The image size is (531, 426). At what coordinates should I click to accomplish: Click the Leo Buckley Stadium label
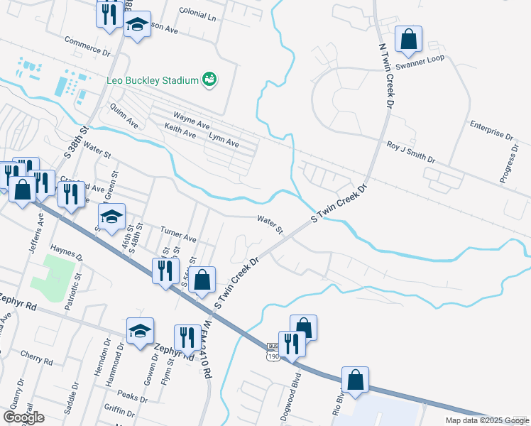[152, 80]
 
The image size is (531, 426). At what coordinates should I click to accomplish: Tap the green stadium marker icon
[209, 80]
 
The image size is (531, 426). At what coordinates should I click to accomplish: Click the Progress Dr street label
[510, 164]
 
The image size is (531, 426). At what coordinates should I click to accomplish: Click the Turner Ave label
[177, 235]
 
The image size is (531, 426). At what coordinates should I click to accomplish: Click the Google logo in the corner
[23, 417]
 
